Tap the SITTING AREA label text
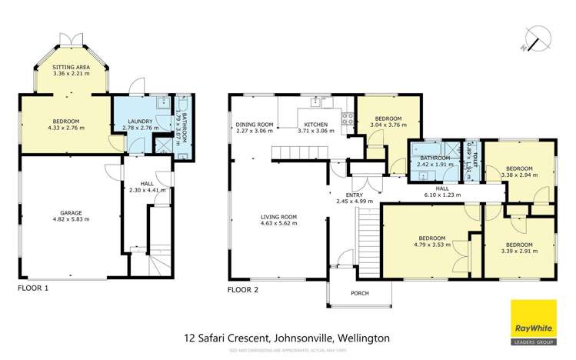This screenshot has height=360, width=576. pyautogui.click(x=70, y=68)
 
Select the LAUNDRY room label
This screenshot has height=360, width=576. pyautogui.click(x=140, y=121)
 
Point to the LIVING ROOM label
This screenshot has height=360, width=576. pyautogui.click(x=277, y=217)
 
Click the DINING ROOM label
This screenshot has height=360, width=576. pyautogui.click(x=255, y=125)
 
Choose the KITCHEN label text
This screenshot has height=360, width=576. pyautogui.click(x=316, y=125)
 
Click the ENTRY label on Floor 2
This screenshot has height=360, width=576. pyautogui.click(x=354, y=195)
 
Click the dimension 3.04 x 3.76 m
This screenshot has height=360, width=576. pyautogui.click(x=387, y=124)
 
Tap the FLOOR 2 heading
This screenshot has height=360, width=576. pyautogui.click(x=244, y=290)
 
